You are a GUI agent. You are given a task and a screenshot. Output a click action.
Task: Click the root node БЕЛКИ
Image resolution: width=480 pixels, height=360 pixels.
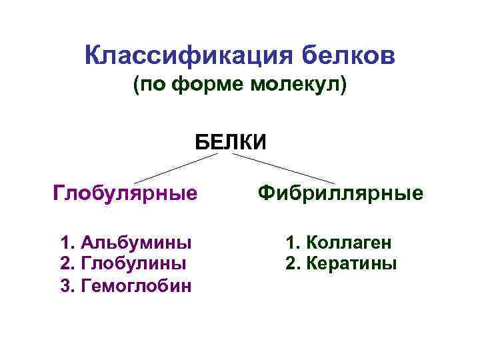[x=231, y=141]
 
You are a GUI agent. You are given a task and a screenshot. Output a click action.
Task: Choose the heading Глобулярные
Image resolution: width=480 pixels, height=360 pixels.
[x=125, y=193]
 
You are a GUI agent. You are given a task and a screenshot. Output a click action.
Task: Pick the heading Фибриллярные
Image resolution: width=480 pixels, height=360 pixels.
[x=341, y=193]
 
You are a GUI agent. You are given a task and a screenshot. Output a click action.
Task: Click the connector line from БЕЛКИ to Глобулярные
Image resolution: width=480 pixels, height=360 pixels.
[x=177, y=167]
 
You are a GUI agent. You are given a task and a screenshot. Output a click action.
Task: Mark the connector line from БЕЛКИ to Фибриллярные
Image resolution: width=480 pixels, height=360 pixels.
[x=283, y=167]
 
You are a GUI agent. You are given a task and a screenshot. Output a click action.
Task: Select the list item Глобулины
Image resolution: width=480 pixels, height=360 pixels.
[x=133, y=263]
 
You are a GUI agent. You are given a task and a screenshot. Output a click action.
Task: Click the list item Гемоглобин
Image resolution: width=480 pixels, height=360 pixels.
[x=136, y=286]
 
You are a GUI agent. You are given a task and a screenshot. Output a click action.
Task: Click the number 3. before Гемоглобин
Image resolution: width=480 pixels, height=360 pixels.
[x=67, y=286]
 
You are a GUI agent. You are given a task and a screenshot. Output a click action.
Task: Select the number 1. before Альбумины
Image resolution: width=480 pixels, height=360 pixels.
[x=67, y=241]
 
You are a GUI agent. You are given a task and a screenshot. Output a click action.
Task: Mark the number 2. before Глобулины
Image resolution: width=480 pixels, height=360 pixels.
[x=67, y=263]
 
